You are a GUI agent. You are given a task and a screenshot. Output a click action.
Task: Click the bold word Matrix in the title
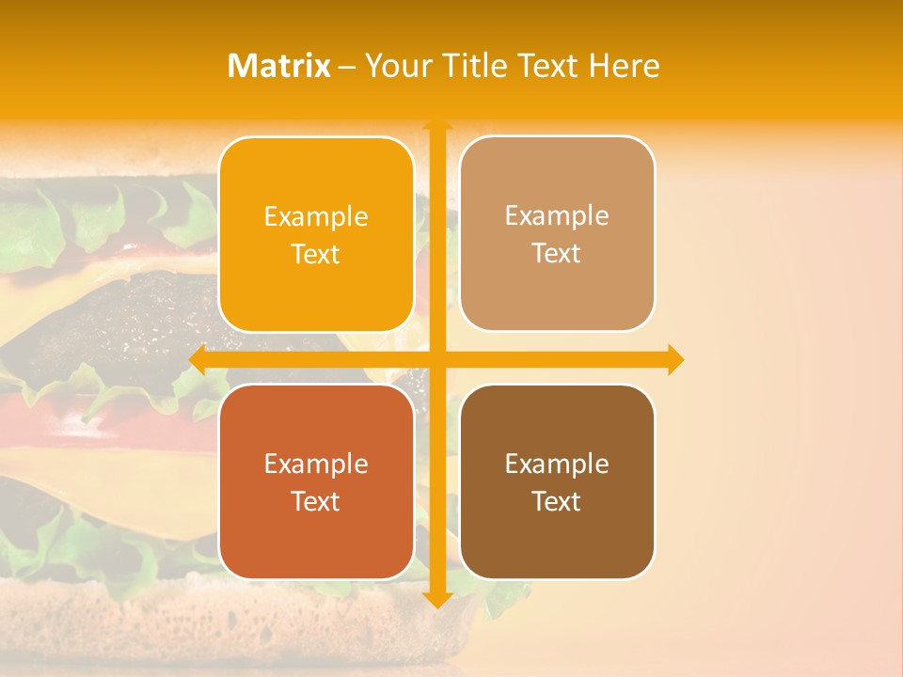279,66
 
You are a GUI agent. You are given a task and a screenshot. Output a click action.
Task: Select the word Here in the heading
624,66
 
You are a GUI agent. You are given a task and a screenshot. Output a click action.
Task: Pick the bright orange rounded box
316,234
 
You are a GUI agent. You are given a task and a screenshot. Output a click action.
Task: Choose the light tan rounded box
557,234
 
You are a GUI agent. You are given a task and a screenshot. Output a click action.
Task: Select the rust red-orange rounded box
316,481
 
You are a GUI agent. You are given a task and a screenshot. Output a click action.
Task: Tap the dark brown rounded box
557,481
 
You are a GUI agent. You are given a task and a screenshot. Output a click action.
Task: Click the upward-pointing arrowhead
437,126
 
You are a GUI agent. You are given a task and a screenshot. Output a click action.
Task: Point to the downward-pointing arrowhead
437,598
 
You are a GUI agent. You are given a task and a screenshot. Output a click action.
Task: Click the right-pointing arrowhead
675,359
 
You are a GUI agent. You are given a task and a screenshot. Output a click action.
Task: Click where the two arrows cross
437,359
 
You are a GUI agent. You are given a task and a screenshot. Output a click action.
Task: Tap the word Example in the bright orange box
316,217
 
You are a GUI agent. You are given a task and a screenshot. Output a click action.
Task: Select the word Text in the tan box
557,254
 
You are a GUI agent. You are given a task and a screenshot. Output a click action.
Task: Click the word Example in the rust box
316,464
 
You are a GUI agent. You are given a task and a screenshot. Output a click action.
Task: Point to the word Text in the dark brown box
557,501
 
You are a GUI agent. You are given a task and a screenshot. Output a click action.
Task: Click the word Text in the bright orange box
316,255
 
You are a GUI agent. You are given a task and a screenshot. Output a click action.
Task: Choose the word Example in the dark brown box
557,464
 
